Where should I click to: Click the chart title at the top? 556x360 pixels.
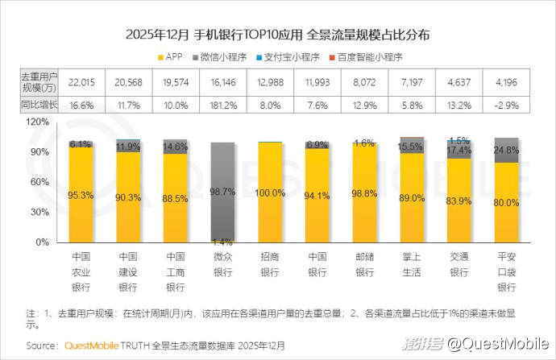(278, 35)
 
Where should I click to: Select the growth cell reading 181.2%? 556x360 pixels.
(222, 106)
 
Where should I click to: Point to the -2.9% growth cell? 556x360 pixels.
(507, 106)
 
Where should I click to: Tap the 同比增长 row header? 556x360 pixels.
(38, 106)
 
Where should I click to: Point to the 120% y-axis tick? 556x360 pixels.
(38, 122)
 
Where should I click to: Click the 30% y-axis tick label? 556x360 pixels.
(40, 213)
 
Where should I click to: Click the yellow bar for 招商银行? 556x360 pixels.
(270, 193)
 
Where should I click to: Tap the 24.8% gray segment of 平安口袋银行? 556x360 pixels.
(507, 150)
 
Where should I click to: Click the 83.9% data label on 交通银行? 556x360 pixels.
(459, 201)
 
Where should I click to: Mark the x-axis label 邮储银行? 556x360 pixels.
(364, 265)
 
